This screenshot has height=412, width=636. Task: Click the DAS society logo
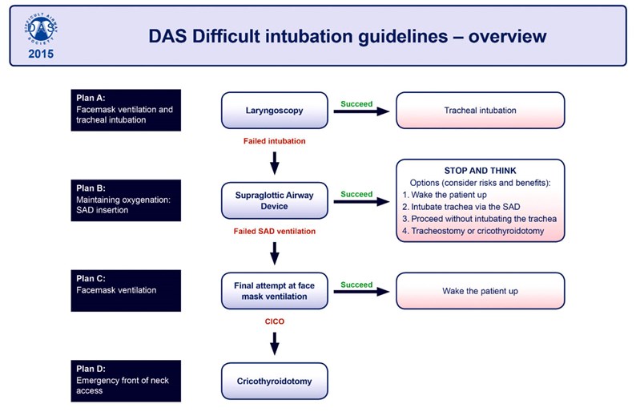[41, 29]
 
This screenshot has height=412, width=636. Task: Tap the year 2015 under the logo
[41, 54]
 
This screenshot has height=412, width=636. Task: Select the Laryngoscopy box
[274, 111]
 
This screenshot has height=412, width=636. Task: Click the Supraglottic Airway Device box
[274, 200]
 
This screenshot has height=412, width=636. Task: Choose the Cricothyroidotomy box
[274, 382]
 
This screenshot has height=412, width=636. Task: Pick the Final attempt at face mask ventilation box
[274, 291]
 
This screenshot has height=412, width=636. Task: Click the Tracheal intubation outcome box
[481, 111]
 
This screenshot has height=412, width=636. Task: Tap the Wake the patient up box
[481, 291]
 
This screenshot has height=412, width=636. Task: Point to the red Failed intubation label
[274, 141]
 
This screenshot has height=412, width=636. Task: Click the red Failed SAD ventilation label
[274, 231]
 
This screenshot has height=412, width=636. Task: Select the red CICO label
[274, 321]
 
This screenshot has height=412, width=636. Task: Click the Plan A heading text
[91, 98]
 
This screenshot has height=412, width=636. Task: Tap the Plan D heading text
[91, 369]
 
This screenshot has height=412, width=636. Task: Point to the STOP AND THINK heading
[481, 171]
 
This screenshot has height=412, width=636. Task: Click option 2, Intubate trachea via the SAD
[461, 207]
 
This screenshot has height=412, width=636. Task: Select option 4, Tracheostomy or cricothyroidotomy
[473, 231]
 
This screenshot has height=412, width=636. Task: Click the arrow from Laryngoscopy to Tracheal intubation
[361, 111]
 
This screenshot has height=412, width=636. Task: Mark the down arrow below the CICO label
[275, 343]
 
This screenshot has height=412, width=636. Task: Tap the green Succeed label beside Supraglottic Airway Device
[356, 194]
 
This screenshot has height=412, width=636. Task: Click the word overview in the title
[507, 36]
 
